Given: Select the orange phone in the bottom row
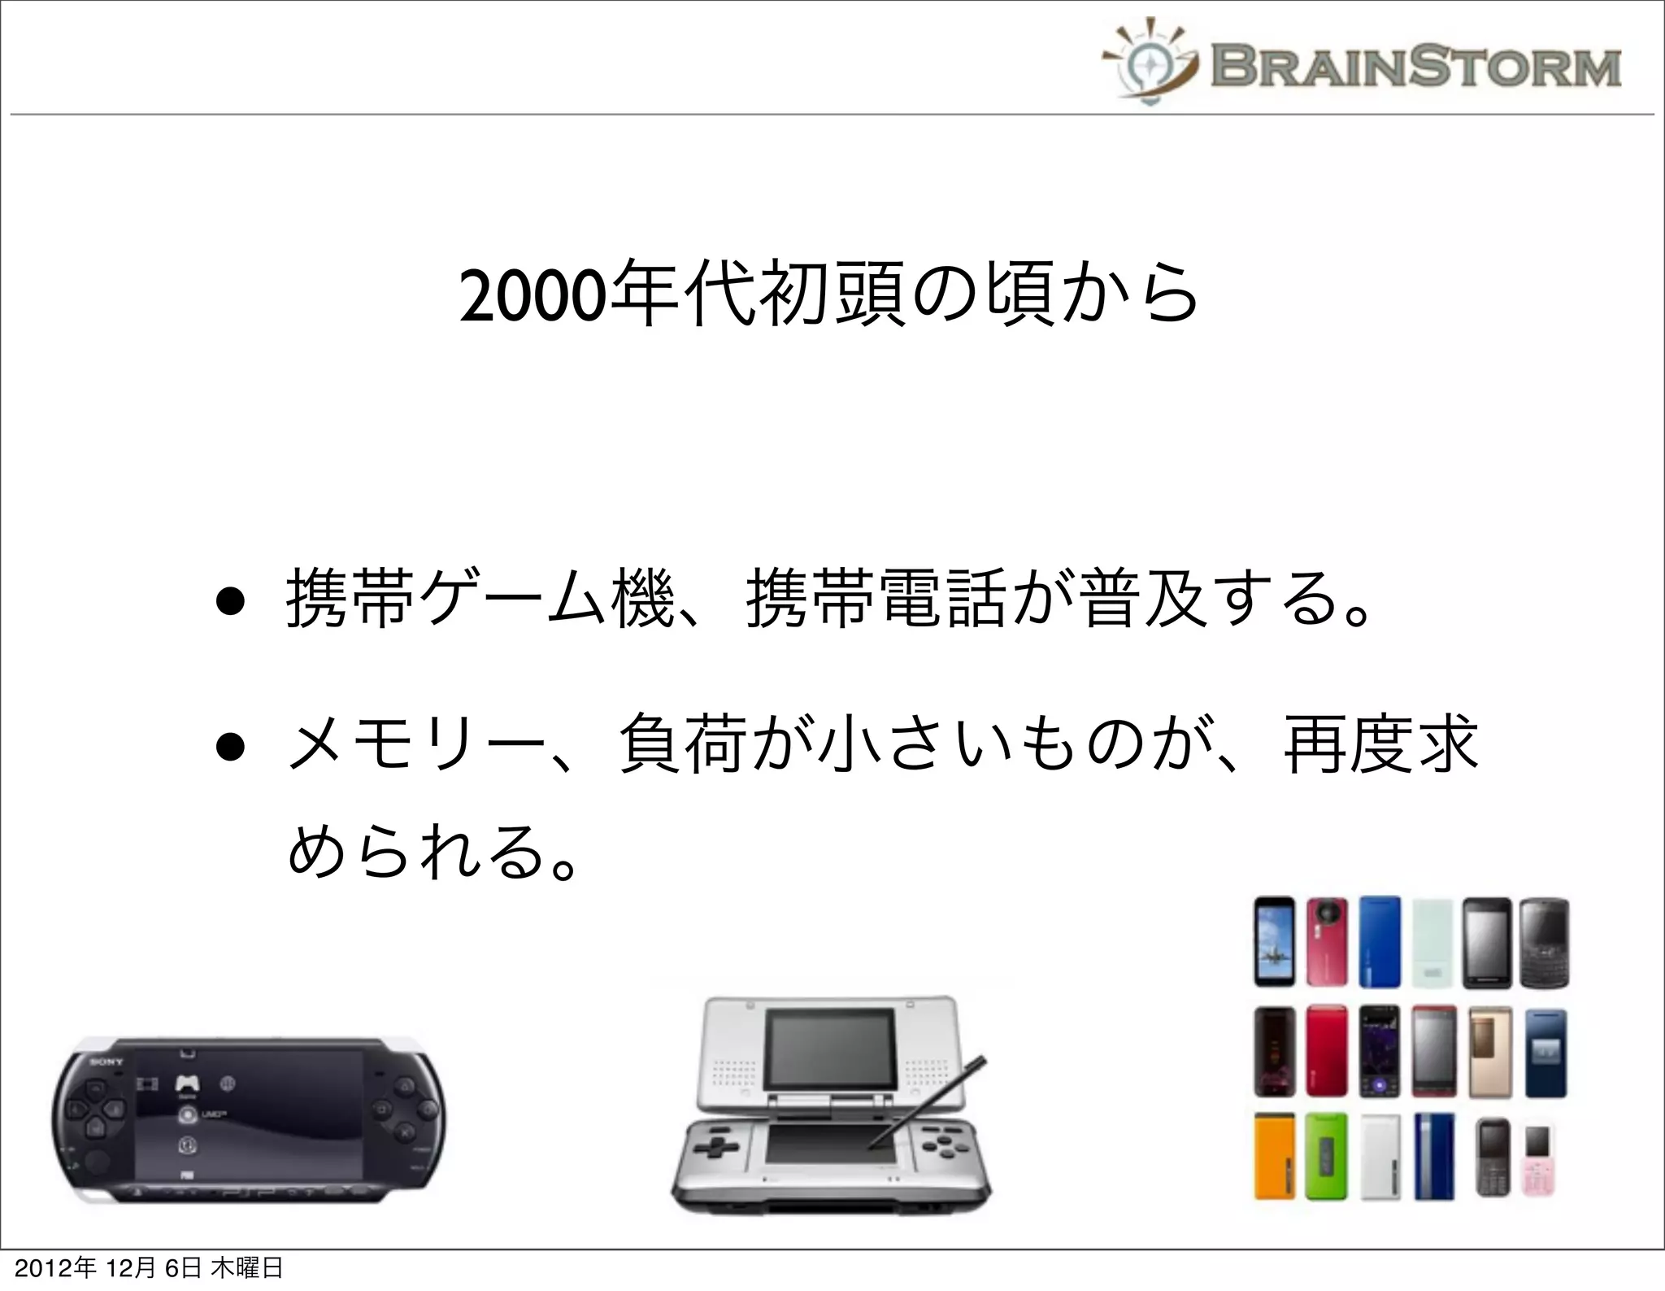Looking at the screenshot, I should point(1274,1156).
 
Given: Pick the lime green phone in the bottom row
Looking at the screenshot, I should point(1326,1156).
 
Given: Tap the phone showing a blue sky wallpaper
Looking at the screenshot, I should point(1274,942).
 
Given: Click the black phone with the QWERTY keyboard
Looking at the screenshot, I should point(1544,942).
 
